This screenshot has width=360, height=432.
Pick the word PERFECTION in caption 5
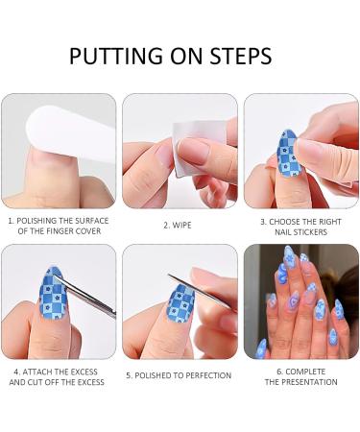click(205, 375)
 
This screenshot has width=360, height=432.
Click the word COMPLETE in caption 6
click(302, 371)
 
